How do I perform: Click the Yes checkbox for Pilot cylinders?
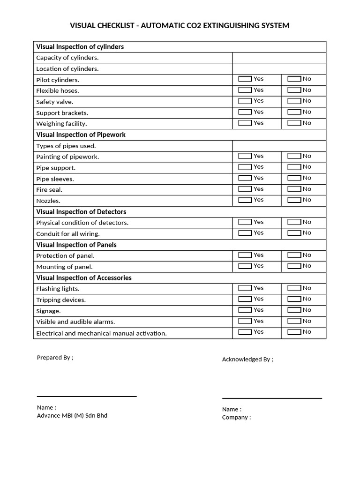[x=245, y=79]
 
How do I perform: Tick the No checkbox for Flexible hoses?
[x=294, y=90]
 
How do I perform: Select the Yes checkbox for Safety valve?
[x=245, y=101]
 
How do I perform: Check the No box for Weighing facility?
[x=294, y=123]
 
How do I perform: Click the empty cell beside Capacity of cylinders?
[x=279, y=58]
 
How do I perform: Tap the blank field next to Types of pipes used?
[x=279, y=146]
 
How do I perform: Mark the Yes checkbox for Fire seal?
[x=245, y=189]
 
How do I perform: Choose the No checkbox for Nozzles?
[x=294, y=200]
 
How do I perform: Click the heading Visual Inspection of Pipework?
[x=81, y=135]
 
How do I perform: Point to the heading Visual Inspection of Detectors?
[x=81, y=212]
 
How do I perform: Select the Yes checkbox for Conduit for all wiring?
[x=245, y=233]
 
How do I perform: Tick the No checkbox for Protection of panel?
[x=294, y=255]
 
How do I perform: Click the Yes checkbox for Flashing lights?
[x=245, y=288]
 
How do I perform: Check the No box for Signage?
[x=294, y=310]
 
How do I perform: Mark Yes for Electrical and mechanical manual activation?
[x=245, y=332]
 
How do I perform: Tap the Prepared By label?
[x=55, y=358]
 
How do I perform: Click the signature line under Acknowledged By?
[x=272, y=398]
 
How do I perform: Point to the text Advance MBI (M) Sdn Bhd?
[x=72, y=416]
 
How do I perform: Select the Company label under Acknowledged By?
[x=236, y=418]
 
